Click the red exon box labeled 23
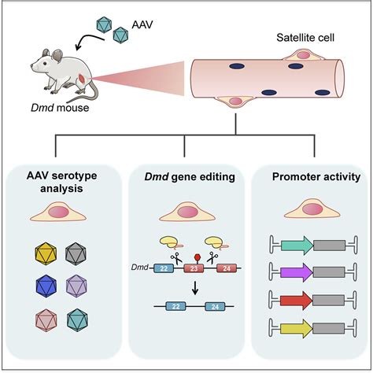(x=192, y=268)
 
